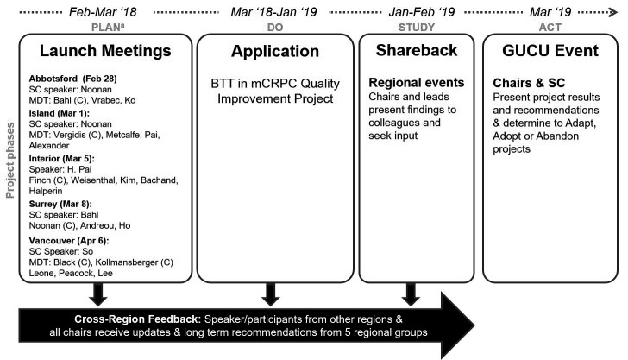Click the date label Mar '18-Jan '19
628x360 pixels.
point(270,11)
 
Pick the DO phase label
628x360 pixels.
point(270,25)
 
